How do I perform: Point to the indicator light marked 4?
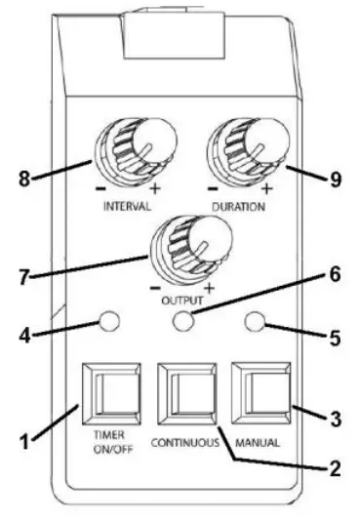(111, 321)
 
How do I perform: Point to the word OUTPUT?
(182, 302)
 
